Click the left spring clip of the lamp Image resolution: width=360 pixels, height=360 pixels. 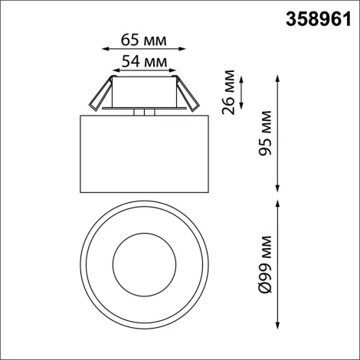[x=97, y=96]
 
